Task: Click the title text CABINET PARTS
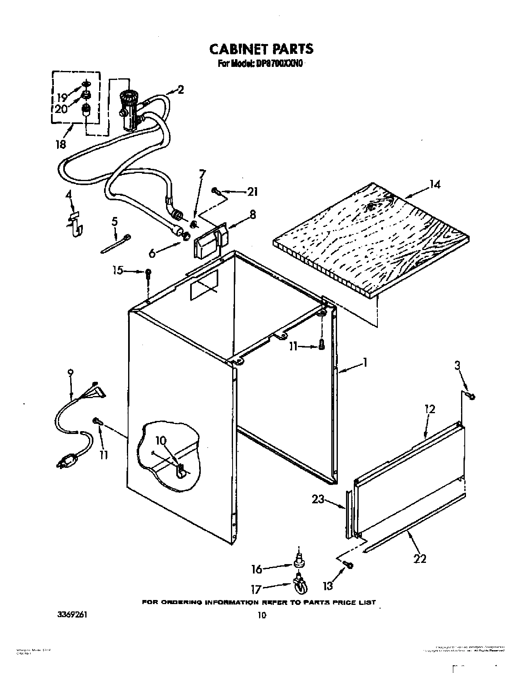coord(261,49)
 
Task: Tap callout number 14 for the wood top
coord(435,184)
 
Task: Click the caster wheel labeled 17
coord(301,586)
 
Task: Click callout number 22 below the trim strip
coord(420,558)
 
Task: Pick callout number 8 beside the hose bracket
coord(253,214)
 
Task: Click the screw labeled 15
coord(149,273)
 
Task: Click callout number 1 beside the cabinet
coord(366,362)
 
